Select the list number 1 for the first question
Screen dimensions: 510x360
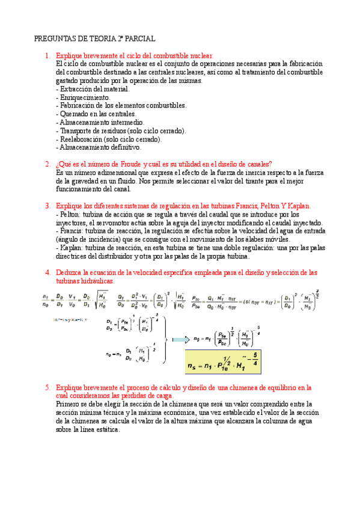[x=47, y=56]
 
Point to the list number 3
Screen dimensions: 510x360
[x=47, y=206]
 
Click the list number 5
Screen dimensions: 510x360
[x=47, y=388]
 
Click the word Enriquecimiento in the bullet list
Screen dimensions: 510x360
[x=84, y=97]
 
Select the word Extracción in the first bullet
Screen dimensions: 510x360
[x=77, y=88]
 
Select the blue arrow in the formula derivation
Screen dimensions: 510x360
[x=178, y=340]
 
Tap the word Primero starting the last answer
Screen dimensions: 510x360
[x=69, y=405]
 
